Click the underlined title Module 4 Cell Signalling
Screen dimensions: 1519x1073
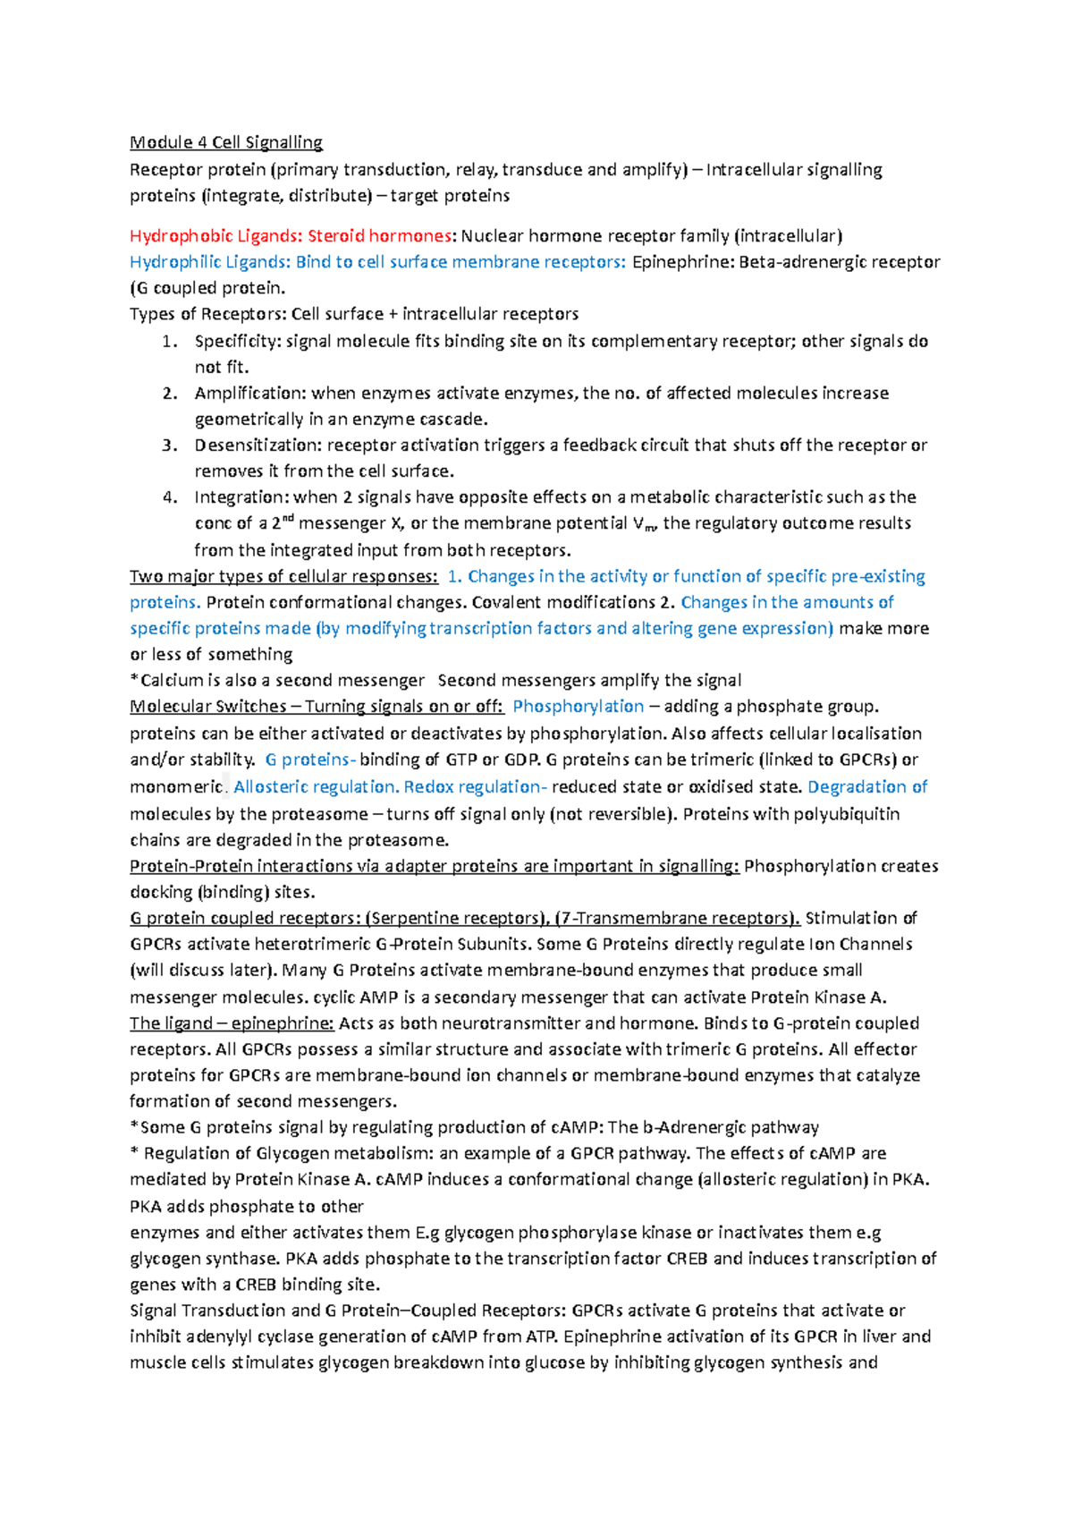click(x=225, y=142)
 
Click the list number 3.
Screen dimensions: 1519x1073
click(x=169, y=446)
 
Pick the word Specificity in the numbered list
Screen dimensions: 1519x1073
click(x=236, y=341)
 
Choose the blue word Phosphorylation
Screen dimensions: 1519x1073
click(x=578, y=707)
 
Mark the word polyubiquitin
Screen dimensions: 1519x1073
click(x=846, y=814)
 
